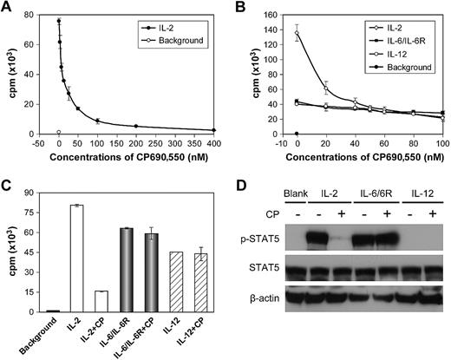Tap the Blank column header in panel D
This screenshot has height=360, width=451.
tap(299, 190)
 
